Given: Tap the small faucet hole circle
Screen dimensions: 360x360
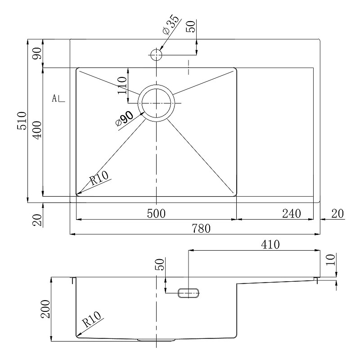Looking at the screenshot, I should [x=156, y=55].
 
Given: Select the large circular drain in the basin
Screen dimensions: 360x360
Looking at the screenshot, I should [x=156, y=103].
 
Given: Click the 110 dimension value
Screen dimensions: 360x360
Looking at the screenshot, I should [x=121, y=85].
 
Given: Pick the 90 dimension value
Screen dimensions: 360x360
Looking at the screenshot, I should [x=37, y=53].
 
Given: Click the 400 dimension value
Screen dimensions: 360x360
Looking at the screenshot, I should [x=37, y=130].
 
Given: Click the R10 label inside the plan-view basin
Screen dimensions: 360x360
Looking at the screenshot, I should [x=99, y=179].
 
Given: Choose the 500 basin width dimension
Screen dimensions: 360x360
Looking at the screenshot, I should [x=156, y=214].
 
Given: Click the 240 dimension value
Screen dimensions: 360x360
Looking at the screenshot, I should [x=291, y=214].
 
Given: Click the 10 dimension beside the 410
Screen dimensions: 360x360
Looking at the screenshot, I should [x=331, y=260].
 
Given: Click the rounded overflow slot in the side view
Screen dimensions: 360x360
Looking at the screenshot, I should [x=189, y=293].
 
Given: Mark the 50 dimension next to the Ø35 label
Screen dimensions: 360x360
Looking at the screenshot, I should [x=190, y=26].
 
